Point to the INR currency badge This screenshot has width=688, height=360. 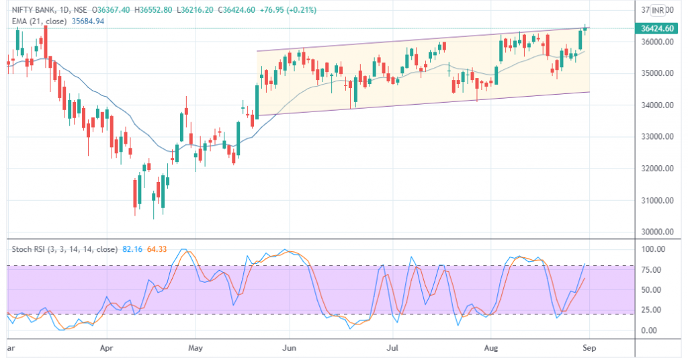[x=658, y=10]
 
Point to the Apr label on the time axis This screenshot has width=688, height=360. [x=105, y=349]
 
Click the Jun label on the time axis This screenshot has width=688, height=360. [x=289, y=349]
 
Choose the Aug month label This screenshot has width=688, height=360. [x=491, y=349]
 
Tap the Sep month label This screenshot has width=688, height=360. [x=589, y=349]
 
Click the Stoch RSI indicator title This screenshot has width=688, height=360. [x=64, y=249]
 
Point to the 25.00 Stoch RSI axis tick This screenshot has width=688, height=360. [x=652, y=310]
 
